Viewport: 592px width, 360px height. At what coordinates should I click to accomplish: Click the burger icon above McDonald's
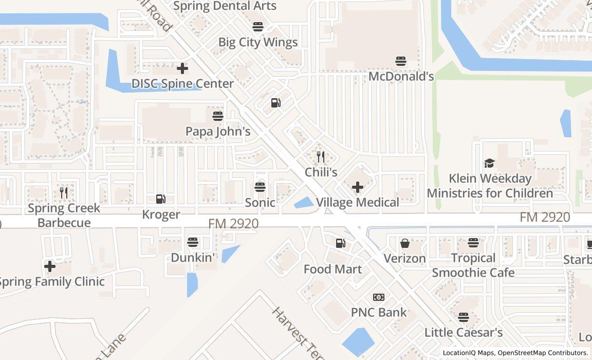tap(401, 61)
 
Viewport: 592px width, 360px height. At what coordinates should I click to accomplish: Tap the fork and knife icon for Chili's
tap(321, 156)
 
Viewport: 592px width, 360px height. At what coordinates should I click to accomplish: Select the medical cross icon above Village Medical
tap(357, 187)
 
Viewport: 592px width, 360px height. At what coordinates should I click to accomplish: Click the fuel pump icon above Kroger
tap(161, 199)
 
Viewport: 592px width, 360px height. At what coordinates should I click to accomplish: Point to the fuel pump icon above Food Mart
tap(340, 243)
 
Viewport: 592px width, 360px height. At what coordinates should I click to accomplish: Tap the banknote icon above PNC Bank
tap(379, 297)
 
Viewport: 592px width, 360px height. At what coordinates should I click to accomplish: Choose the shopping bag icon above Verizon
tap(405, 243)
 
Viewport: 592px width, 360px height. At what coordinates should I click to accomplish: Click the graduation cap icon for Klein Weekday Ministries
tap(489, 163)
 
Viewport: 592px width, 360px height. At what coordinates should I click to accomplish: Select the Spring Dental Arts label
tap(225, 6)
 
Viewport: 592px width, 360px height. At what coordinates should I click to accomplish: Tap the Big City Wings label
tap(258, 42)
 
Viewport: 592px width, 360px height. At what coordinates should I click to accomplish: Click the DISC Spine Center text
tap(182, 83)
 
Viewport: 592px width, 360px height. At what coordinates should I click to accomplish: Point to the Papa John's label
tap(218, 131)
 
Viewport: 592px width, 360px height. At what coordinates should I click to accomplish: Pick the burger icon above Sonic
tap(260, 187)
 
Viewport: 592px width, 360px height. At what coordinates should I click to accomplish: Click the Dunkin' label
tap(193, 257)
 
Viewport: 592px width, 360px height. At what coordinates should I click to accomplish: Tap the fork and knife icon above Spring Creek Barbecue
tap(64, 193)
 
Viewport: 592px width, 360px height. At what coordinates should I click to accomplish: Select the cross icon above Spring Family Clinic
tap(50, 266)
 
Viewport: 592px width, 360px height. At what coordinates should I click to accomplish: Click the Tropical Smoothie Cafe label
tap(473, 265)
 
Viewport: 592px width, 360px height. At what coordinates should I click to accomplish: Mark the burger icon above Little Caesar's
tap(464, 317)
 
